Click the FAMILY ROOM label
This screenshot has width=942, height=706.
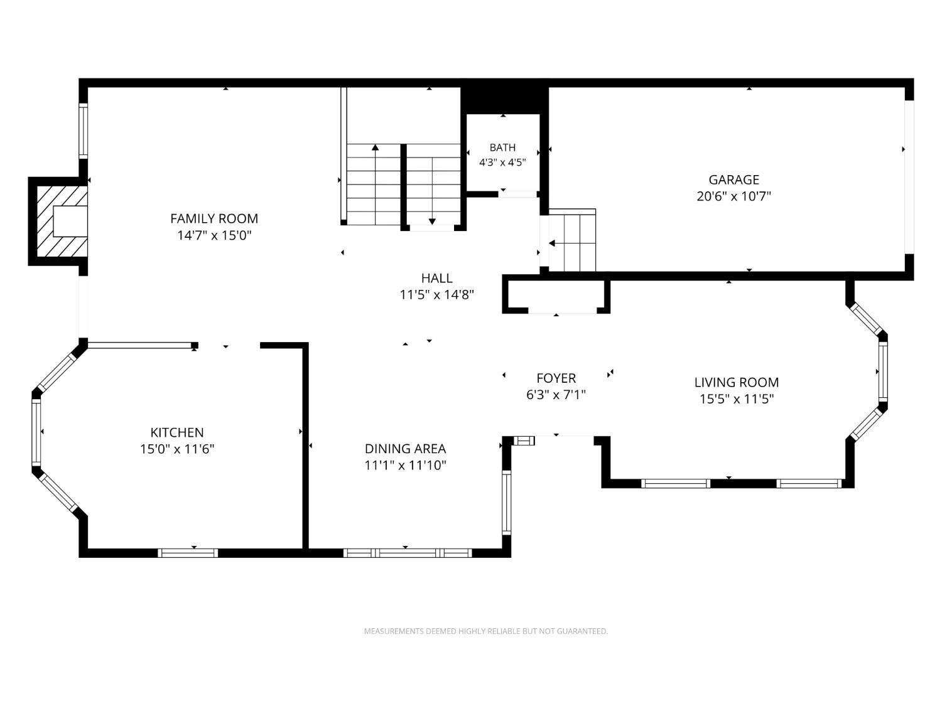(x=214, y=218)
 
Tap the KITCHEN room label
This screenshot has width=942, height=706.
(x=177, y=432)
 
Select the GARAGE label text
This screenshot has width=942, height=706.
(x=734, y=179)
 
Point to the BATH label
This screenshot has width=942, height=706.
(x=502, y=147)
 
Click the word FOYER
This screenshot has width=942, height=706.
(x=556, y=378)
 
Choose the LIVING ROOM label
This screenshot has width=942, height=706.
(x=737, y=382)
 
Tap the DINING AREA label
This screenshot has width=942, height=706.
(x=405, y=448)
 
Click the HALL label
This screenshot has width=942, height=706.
(x=436, y=278)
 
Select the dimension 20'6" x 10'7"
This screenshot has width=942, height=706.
(x=734, y=196)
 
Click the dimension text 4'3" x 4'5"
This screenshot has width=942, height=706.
(x=502, y=163)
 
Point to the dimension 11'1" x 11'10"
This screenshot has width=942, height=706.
(x=405, y=465)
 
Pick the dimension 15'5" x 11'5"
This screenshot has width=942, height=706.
(x=737, y=399)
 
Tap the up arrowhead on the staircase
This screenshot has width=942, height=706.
(x=376, y=147)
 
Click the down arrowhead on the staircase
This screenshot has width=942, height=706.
(x=432, y=222)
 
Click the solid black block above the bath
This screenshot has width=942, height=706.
(x=504, y=101)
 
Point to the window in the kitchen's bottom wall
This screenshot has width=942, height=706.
(x=188, y=553)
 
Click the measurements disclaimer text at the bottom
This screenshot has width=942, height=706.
(x=486, y=631)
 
